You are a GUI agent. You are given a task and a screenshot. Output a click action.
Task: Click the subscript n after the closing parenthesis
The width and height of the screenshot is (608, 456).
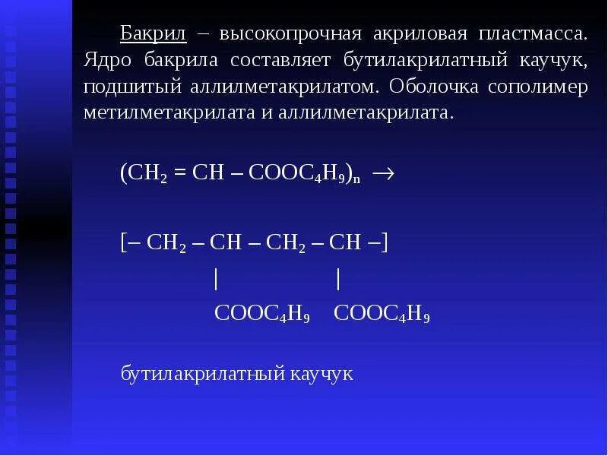click(356, 178)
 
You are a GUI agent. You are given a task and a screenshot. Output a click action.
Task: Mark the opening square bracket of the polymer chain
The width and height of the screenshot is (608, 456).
click(124, 243)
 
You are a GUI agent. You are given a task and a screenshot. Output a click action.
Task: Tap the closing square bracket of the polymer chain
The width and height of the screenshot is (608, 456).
click(385, 243)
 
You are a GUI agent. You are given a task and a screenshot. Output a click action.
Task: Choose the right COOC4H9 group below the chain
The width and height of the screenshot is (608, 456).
click(382, 314)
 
